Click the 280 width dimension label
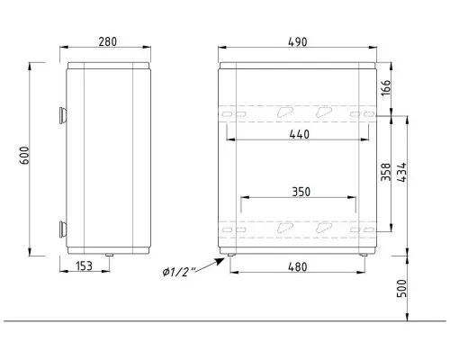click(x=108, y=41)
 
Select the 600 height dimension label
click(x=24, y=156)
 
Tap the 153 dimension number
click(x=84, y=266)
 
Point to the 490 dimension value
click(x=298, y=42)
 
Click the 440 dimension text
click(x=300, y=134)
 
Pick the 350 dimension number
click(x=301, y=192)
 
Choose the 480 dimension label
click(x=298, y=266)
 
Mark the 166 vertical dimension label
click(x=386, y=87)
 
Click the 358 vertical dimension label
click(x=386, y=172)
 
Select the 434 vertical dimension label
click(x=402, y=172)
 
